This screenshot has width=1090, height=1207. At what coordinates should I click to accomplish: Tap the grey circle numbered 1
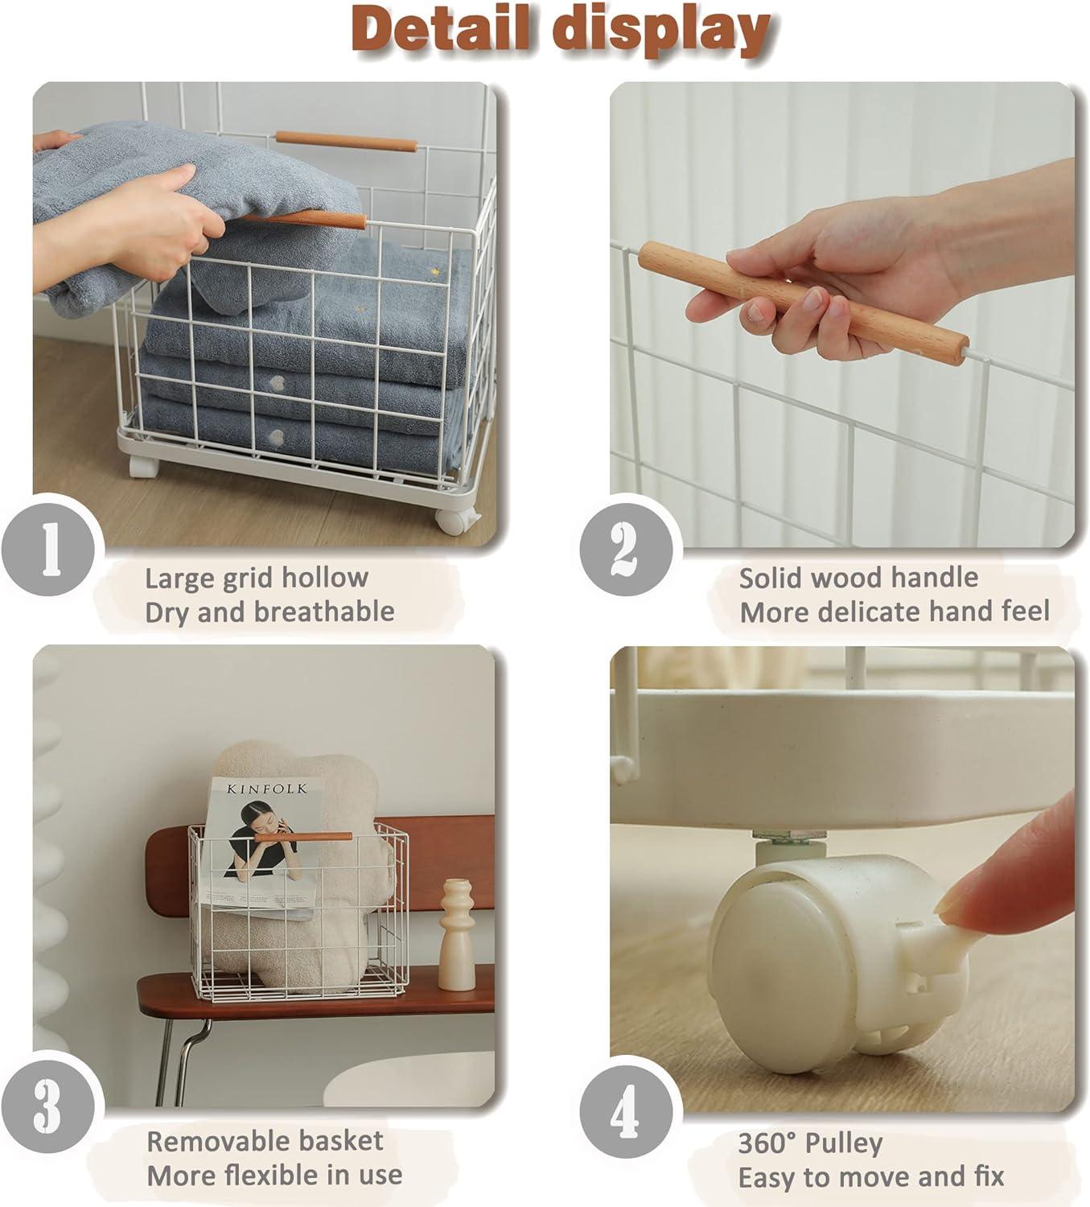pos(49,549)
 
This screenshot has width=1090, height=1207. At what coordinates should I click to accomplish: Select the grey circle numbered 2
pos(626,549)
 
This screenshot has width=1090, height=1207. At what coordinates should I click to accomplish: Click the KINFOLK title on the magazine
pos(266,789)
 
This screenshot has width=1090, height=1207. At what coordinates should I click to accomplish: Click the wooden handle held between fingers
pos(803,303)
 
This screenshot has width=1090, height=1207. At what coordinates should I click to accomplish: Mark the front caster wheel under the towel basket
pos(455,521)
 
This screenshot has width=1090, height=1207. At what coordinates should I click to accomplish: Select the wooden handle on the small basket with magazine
pos(303,837)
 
